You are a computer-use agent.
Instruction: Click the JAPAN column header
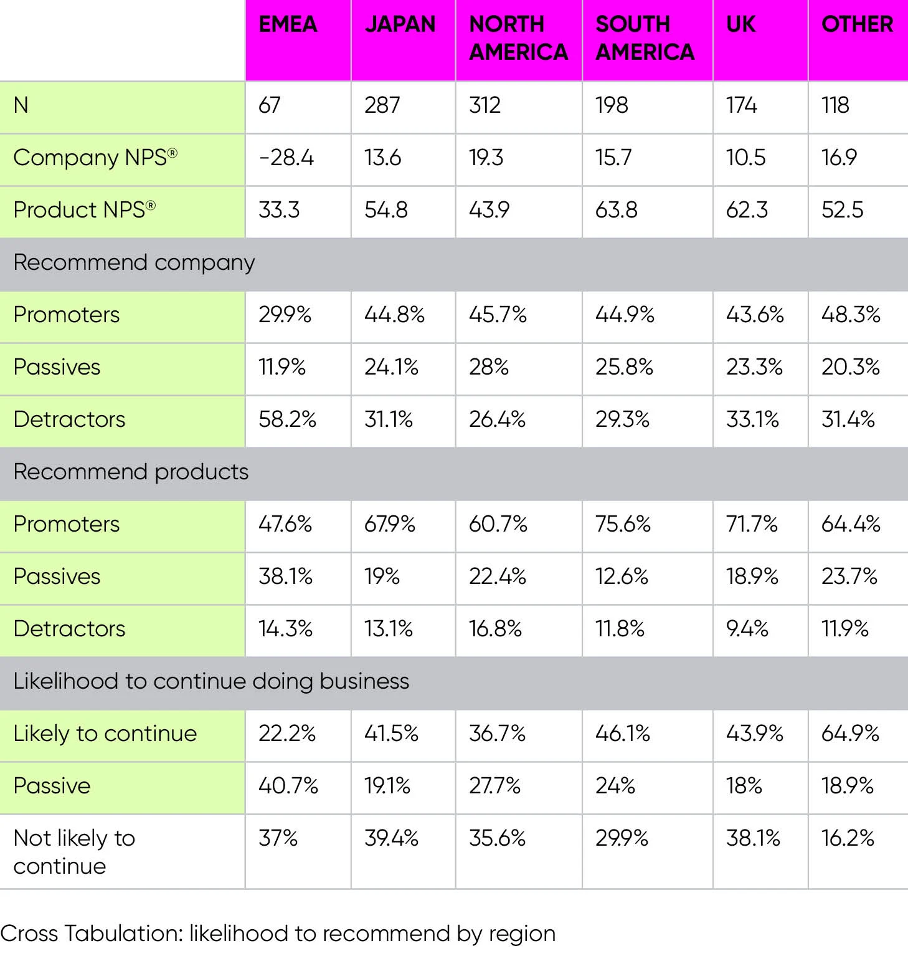tap(400, 25)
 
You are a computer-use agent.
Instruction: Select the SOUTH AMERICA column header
tap(645, 38)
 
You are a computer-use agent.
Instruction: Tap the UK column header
tap(740, 25)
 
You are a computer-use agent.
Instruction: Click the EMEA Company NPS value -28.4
tap(286, 158)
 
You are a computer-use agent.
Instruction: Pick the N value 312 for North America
tap(485, 105)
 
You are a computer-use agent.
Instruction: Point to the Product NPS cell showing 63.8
tap(616, 210)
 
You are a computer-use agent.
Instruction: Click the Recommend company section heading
tap(134, 263)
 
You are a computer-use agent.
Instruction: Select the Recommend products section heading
tap(131, 472)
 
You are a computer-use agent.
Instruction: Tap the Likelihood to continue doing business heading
tap(211, 682)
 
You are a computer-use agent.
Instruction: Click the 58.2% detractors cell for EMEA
tap(287, 419)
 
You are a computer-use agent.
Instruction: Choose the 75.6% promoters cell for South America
tap(623, 524)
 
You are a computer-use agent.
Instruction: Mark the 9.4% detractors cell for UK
tap(747, 629)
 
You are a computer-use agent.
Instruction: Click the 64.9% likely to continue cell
tap(850, 734)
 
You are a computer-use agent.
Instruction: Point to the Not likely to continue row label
tap(74, 852)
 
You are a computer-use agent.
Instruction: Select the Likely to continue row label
tap(105, 734)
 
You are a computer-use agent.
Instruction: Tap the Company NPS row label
tap(95, 158)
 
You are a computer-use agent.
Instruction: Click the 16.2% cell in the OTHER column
tap(848, 838)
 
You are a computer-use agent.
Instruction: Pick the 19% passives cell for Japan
tap(382, 576)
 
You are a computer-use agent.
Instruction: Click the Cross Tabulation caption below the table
tap(278, 934)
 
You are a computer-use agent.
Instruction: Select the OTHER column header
tap(857, 25)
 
